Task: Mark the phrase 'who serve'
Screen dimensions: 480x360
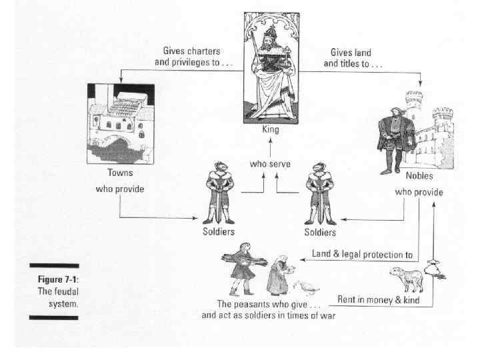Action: (270, 163)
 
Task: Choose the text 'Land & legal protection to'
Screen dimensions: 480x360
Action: (362, 254)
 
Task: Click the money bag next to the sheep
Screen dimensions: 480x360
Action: (437, 270)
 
